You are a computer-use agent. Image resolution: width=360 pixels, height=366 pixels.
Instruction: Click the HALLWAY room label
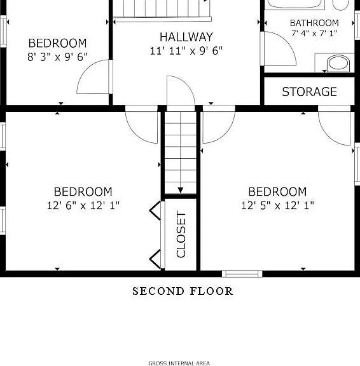click(186, 37)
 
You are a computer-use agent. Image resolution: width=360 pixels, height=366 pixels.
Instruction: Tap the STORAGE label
click(309, 91)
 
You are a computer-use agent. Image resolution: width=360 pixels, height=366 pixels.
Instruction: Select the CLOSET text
click(181, 234)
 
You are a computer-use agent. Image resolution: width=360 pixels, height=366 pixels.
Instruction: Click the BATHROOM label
click(314, 23)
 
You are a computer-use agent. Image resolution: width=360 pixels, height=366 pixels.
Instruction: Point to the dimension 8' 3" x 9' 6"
click(57, 57)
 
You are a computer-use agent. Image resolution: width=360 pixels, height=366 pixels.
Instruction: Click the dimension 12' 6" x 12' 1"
click(83, 205)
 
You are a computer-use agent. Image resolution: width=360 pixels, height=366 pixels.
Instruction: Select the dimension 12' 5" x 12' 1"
click(277, 205)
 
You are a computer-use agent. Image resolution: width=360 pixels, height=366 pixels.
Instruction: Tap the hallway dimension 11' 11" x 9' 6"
click(186, 51)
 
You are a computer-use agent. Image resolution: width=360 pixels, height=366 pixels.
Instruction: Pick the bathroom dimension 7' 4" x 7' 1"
click(314, 34)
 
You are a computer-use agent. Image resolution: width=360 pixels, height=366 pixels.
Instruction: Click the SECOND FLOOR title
click(183, 291)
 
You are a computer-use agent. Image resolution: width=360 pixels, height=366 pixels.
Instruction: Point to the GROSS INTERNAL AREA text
click(179, 363)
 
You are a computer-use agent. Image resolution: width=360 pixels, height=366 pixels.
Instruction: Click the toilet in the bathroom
click(338, 63)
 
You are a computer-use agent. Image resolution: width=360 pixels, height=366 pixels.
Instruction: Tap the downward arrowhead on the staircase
click(181, 190)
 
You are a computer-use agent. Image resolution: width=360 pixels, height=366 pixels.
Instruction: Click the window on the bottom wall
click(242, 274)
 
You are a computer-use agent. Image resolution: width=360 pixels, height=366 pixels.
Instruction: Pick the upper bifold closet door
click(155, 210)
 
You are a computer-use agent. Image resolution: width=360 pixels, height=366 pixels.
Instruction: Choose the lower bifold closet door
click(155, 259)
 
